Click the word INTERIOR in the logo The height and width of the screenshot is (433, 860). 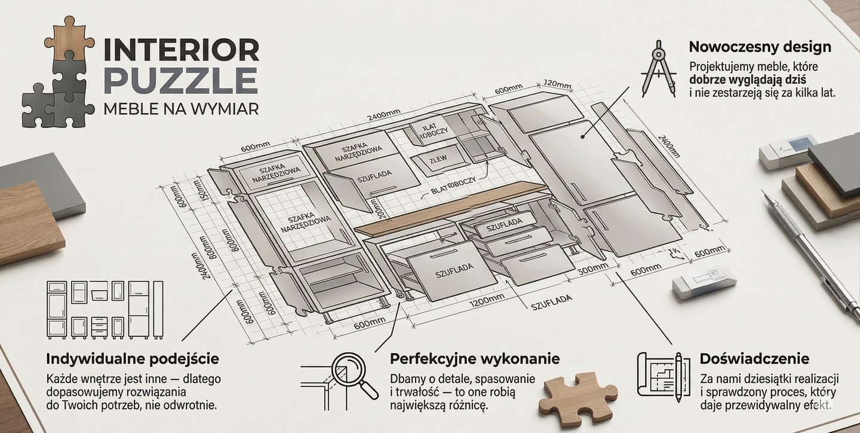(x=181, y=50)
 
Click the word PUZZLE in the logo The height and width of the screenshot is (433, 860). (x=180, y=80)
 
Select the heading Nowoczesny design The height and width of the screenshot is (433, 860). (x=760, y=47)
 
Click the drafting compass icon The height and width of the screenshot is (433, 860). (x=658, y=68)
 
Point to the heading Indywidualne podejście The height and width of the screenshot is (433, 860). (x=132, y=359)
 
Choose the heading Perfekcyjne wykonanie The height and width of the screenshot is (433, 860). (x=475, y=359)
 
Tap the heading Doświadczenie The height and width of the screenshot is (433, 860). (x=754, y=359)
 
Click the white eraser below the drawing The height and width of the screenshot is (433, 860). (x=704, y=282)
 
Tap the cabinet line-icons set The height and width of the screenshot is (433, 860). (x=105, y=310)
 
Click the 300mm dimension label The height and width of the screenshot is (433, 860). (x=592, y=269)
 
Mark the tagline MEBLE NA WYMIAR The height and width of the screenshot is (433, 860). (x=180, y=109)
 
